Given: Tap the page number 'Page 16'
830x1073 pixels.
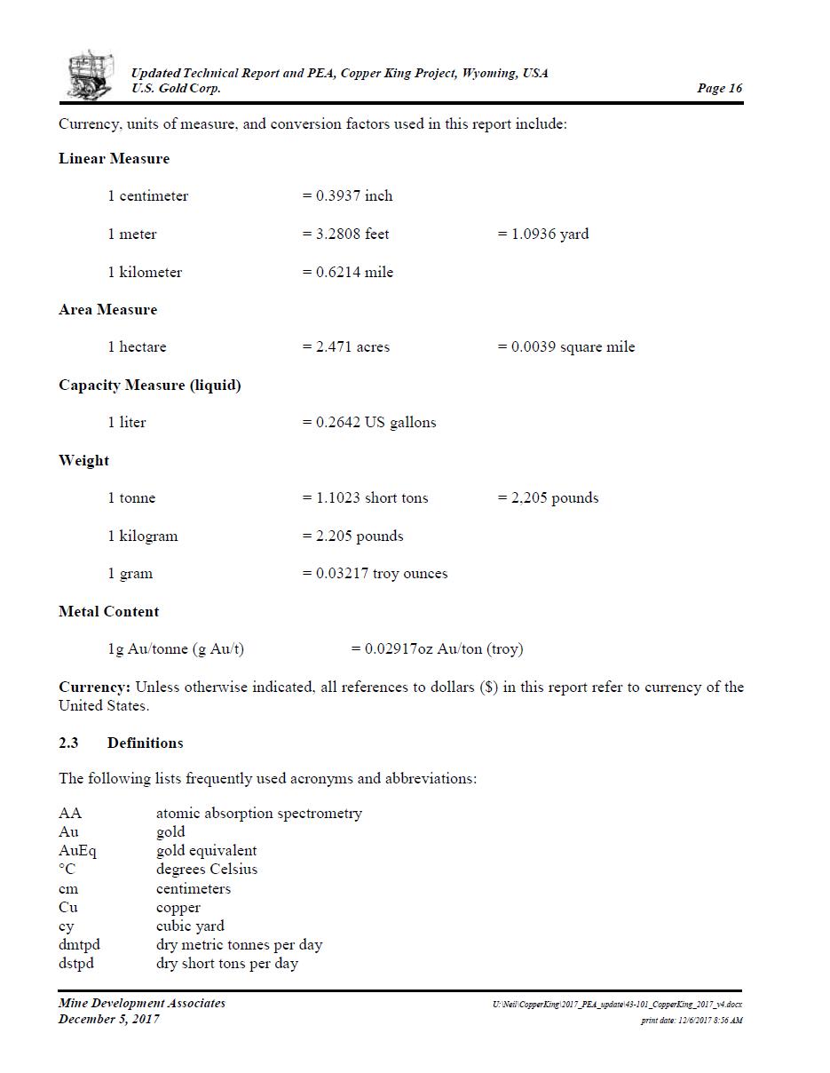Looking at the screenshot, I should point(719,88).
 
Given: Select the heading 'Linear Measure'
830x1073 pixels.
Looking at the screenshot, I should point(114,159).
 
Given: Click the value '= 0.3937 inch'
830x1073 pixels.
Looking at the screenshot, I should point(347,196).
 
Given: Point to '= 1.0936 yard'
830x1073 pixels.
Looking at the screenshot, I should point(542,234).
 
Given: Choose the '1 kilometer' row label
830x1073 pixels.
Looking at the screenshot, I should point(145,273).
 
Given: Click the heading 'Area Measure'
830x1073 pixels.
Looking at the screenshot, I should point(107,310).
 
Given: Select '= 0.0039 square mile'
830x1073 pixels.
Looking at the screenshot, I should point(565,347).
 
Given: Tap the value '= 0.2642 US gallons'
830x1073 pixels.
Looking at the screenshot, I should point(368,423).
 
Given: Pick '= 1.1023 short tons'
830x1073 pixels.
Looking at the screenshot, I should point(365,498).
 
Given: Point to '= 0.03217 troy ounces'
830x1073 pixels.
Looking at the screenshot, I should point(375,574).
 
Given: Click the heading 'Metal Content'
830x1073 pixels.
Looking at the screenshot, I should point(108,612).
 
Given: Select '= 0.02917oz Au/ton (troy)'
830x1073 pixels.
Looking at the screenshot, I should point(437,649).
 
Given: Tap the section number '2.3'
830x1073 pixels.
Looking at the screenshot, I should point(68,743).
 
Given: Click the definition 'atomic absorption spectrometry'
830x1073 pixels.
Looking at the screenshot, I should point(258,814).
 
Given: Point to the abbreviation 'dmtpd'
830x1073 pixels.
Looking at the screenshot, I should point(79,945).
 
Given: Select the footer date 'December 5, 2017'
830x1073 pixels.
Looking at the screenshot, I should point(108,1019).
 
